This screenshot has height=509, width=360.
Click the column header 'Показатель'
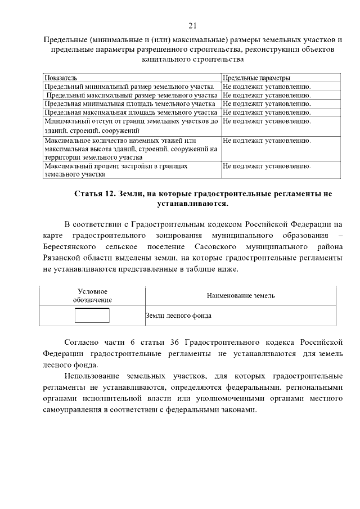point(61,78)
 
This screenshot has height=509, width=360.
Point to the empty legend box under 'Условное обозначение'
point(92,316)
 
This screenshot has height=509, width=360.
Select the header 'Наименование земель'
point(240,296)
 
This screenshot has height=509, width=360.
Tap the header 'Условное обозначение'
point(92,296)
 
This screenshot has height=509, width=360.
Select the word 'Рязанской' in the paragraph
point(60,258)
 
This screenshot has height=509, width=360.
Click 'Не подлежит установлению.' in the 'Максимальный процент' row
point(267,166)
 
